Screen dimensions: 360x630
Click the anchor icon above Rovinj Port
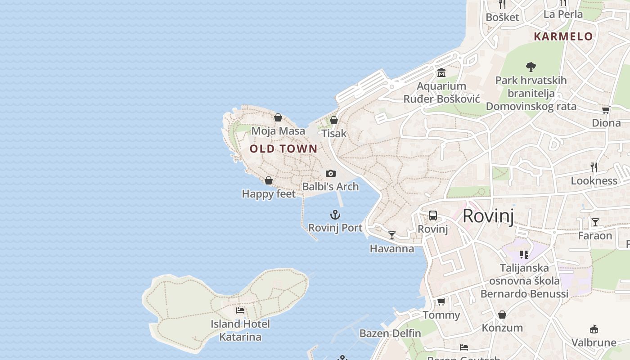tap(335, 215)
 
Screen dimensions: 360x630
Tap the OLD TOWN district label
tap(283, 148)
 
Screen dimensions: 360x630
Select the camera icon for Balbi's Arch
tap(331, 173)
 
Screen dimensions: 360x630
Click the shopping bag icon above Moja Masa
tap(278, 118)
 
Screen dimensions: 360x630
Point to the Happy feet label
tap(269, 194)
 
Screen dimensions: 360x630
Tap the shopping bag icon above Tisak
tap(334, 120)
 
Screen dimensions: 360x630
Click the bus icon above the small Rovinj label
tap(433, 216)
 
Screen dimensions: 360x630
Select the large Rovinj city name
tap(488, 216)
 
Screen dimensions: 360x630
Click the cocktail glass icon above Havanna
tap(392, 235)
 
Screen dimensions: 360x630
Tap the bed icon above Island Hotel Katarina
tap(240, 310)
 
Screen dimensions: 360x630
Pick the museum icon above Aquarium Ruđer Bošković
tap(441, 73)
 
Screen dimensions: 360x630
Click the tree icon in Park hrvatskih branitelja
tap(531, 67)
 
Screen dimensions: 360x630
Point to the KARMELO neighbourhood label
tap(563, 37)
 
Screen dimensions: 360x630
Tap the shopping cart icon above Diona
tap(606, 110)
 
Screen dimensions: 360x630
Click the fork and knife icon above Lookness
tap(594, 167)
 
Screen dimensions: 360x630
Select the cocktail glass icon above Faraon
tap(595, 222)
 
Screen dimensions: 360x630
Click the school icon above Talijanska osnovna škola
tap(524, 255)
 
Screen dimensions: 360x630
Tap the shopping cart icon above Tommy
tap(441, 301)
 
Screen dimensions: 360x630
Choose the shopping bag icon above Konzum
tap(502, 315)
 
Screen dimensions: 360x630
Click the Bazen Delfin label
tap(390, 333)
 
